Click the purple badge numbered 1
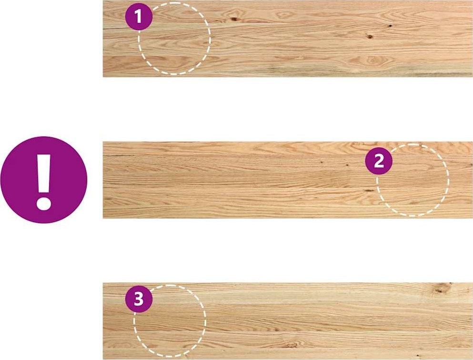tap(139, 17)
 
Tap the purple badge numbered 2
tap(379, 161)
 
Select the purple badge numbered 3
tap(139, 299)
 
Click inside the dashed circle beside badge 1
tap(175, 39)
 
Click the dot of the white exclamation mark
tap(44, 204)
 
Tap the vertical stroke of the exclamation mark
tap(44, 174)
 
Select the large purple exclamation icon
tap(44, 180)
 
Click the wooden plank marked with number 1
tap(288, 39)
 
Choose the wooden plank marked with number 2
tap(288, 180)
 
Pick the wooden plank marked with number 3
tap(288, 321)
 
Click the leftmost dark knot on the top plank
tap(234, 19)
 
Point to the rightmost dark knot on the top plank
tap(390, 26)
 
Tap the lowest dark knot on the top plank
tap(370, 37)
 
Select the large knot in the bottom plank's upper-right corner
tap(440, 288)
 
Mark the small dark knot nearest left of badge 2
tap(347, 165)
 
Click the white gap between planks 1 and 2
tap(288, 109)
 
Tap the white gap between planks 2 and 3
tap(288, 251)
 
